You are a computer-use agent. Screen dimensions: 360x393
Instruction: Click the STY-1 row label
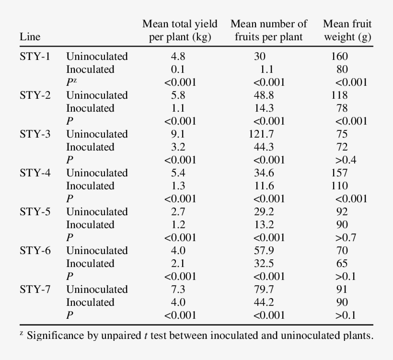(x=35, y=57)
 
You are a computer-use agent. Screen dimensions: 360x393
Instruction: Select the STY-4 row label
(x=35, y=173)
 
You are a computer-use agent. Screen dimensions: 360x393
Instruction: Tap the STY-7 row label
(x=35, y=290)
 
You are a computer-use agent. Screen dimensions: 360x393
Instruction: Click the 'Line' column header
(x=30, y=37)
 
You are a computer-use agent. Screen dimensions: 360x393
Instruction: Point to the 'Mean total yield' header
(x=180, y=24)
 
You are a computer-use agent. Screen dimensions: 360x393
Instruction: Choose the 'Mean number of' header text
(x=269, y=24)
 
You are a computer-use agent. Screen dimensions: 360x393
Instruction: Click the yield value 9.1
(x=178, y=134)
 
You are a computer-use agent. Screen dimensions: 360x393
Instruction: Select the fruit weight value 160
(x=339, y=57)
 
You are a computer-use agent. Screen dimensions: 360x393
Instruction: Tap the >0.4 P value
(x=346, y=160)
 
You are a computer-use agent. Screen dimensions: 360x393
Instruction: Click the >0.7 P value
(x=346, y=238)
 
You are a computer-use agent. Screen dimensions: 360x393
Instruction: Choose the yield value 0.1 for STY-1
(x=178, y=70)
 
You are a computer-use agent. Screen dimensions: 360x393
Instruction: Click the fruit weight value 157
(x=339, y=173)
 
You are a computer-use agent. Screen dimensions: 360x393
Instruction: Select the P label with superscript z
(x=71, y=82)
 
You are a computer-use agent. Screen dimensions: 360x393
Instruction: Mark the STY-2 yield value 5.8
(x=178, y=95)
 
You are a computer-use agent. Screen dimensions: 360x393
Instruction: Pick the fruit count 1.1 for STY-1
(x=266, y=70)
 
